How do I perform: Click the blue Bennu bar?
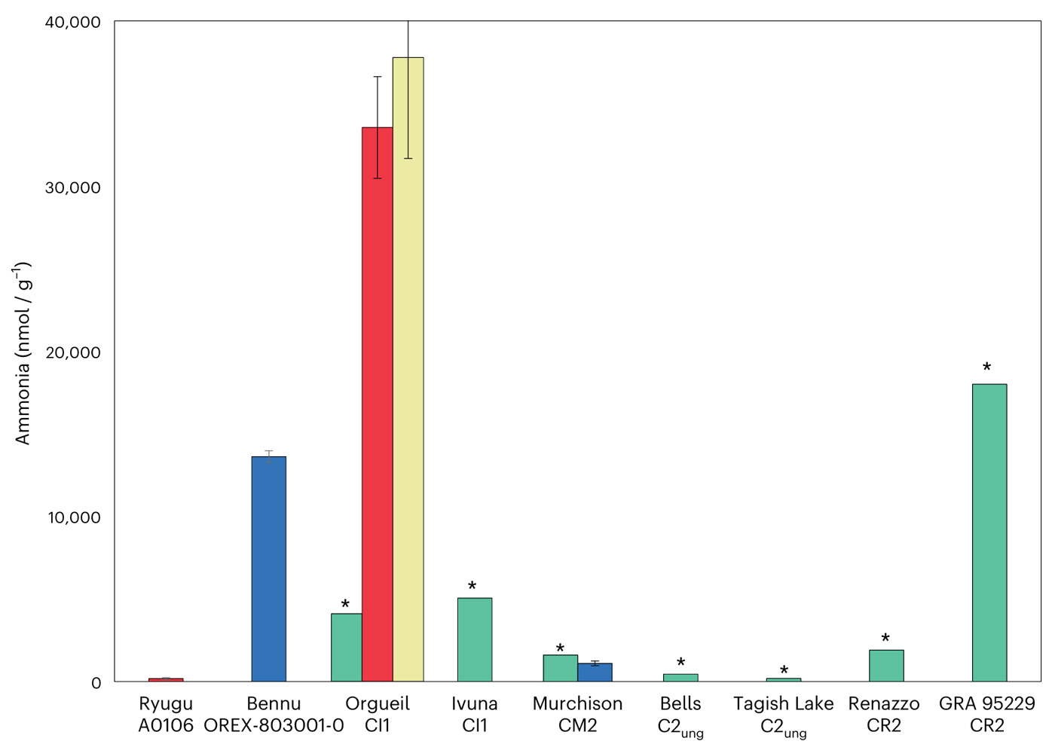click(268, 569)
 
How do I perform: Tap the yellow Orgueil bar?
click(408, 369)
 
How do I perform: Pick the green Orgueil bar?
click(346, 648)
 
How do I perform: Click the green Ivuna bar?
click(475, 639)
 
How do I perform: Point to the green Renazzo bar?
click(886, 666)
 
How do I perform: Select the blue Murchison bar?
click(595, 672)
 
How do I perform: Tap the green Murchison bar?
click(560, 668)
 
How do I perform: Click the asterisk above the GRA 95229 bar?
click(986, 367)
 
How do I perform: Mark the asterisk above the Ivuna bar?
click(472, 587)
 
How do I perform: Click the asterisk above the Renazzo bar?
click(885, 639)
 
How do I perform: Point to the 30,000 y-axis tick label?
click(72, 188)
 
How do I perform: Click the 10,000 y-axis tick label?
click(72, 517)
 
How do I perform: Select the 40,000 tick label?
click(72, 23)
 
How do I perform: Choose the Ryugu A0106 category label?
click(166, 715)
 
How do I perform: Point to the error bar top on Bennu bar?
click(268, 451)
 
